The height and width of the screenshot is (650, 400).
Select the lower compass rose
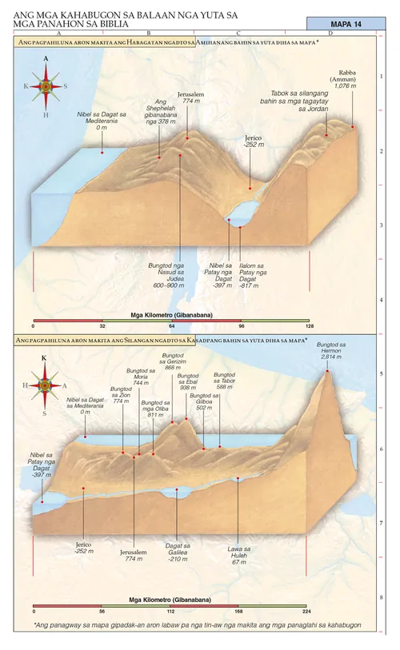[x=44, y=385]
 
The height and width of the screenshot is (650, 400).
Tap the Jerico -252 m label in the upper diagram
[x=253, y=142]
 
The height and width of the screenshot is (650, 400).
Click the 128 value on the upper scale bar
[x=309, y=327]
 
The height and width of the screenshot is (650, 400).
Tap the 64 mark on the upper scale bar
[x=171, y=327]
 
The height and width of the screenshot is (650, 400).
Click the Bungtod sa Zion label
[x=122, y=395]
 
